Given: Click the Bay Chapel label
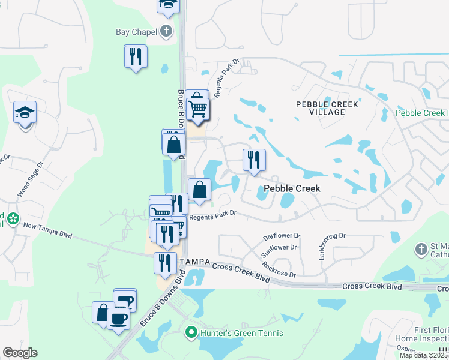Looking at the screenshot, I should pos(136,32).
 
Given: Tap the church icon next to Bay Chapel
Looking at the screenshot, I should pos(166,31).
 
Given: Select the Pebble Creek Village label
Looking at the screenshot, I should pos(327,109).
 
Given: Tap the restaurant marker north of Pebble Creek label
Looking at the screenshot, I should pos(254,160).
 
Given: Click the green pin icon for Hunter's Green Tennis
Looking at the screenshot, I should pos(191,332).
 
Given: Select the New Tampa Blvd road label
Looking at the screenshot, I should pos(47,230).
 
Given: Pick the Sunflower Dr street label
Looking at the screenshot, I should pos(279,251).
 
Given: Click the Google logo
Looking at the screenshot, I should pos(20,353).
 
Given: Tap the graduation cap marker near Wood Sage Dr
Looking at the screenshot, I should pos(25,112).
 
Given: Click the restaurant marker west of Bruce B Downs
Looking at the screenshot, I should pos(136,56).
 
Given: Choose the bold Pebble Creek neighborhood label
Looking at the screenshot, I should pos(292,188).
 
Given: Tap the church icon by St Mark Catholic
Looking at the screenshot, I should pos(421,248).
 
